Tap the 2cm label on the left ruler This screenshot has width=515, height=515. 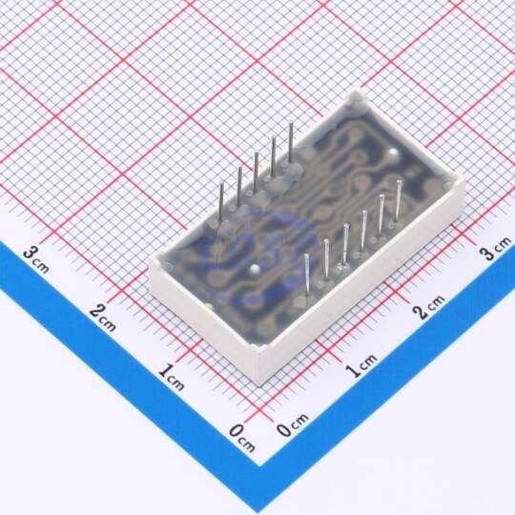pos(103,318)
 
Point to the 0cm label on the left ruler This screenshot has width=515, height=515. pos(241,438)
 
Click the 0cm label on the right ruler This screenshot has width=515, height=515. pos(293,424)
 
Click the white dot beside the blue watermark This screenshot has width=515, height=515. pos(255,269)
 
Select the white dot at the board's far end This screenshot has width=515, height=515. pos(393,153)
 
